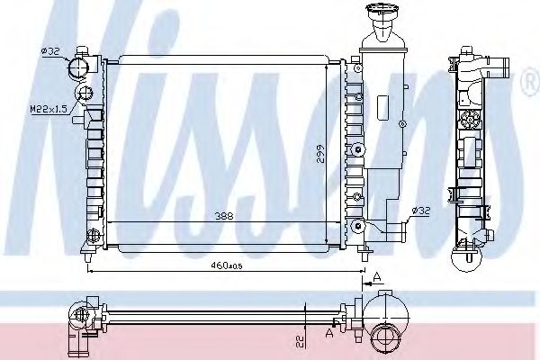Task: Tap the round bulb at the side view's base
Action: pos(469,260)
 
